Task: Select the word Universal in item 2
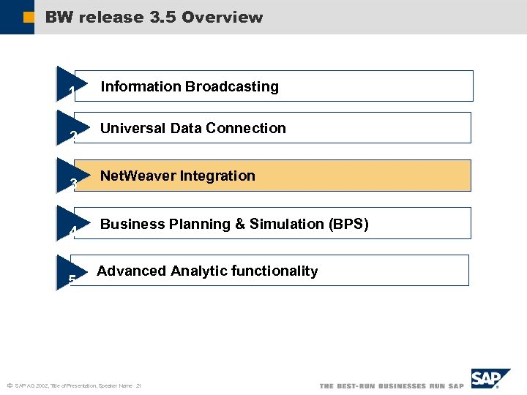point(132,128)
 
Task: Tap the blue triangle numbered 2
point(70,128)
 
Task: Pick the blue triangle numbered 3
point(70,176)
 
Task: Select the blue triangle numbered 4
point(70,224)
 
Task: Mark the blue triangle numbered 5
point(70,271)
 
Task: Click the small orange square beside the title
point(29,17)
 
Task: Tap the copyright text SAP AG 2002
point(33,385)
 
